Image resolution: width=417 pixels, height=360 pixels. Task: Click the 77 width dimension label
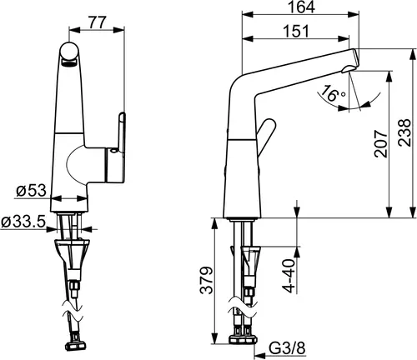98,22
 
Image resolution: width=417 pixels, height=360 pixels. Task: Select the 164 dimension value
301,7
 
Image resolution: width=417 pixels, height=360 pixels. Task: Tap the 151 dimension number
295,31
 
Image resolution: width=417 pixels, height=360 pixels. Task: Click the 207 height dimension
380,143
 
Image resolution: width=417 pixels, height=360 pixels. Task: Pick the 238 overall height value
404,132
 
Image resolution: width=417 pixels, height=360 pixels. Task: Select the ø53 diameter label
31,190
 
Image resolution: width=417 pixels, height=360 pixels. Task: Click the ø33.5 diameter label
23,222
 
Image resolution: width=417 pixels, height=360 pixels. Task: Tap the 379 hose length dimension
207,280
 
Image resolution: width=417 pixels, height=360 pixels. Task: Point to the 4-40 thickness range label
289,276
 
